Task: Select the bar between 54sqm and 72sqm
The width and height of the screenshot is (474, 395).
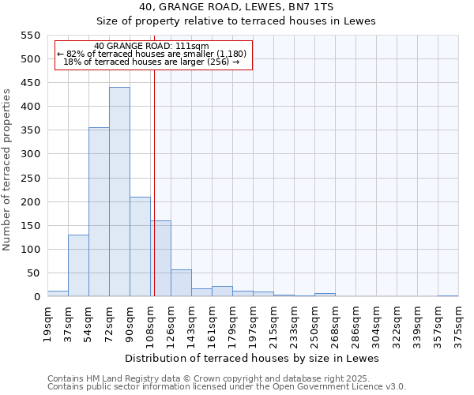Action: (x=99, y=212)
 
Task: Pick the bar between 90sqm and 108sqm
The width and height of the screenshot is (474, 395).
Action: (x=140, y=246)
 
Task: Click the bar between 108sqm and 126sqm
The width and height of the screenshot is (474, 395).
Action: (x=160, y=258)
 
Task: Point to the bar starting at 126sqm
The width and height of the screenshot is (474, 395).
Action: (x=181, y=283)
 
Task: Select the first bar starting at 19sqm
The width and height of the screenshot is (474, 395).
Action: (x=58, y=293)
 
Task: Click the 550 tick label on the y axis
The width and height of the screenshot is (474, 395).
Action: (x=29, y=36)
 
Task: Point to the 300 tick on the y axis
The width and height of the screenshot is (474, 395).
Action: (x=29, y=154)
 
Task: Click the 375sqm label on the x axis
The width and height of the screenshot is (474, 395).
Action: (x=458, y=323)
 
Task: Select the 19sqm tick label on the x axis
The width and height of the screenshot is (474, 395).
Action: (x=47, y=323)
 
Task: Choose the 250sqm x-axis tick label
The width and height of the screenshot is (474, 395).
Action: (x=314, y=323)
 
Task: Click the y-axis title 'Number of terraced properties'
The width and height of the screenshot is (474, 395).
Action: (x=8, y=169)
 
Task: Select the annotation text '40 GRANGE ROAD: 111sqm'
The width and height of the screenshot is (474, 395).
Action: (x=151, y=46)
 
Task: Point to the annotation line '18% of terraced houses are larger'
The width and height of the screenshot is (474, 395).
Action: (x=151, y=62)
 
